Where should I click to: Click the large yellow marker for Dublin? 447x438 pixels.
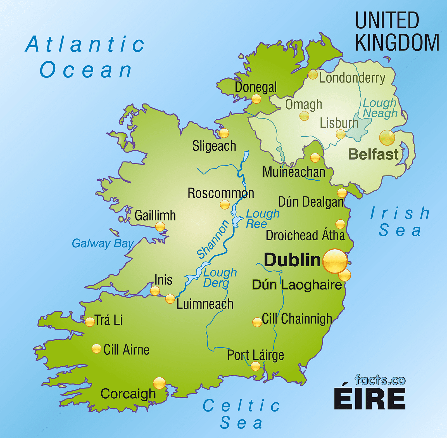pos(335,261)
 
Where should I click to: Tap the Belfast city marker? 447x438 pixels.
pos(387,138)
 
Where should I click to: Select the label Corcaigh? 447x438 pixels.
pos(128,394)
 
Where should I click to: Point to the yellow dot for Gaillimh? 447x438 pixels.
pos(160,226)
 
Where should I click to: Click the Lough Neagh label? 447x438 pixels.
pos(380,108)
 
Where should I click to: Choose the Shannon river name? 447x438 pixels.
pos(213,240)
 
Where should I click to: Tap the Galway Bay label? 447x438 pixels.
pos(103,243)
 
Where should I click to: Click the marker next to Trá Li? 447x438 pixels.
pos(90,322)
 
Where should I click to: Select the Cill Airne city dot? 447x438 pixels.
pos(96,349)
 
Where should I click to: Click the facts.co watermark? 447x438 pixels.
pos(380,380)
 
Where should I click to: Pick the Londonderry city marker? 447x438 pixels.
pos(313,75)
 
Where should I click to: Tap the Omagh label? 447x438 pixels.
pos(304,105)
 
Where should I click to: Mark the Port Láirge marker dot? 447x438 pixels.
pos(255,366)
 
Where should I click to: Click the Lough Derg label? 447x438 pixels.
pos(220,278)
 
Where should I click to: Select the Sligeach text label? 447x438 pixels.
pos(214,146)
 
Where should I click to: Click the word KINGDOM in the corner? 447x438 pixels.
pos(397,42)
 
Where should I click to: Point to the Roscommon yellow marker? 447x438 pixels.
pos(225,205)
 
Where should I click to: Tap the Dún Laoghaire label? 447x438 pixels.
pos(297,285)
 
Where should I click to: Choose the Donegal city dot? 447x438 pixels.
pos(256,99)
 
